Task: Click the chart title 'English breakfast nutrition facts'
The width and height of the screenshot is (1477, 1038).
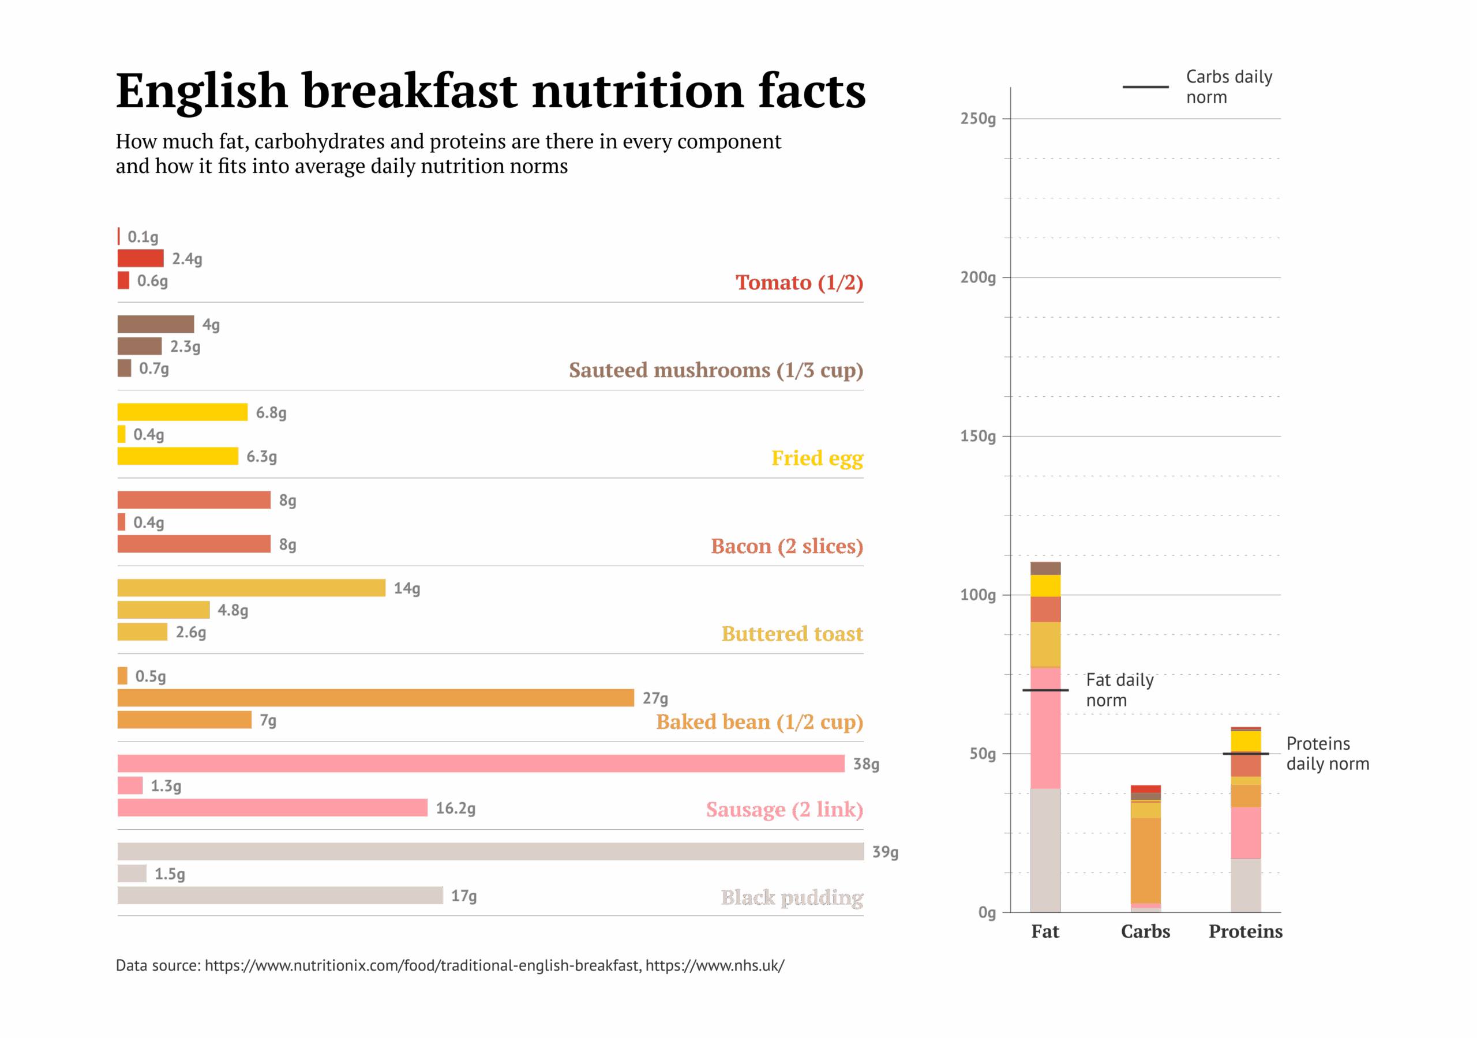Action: click(490, 91)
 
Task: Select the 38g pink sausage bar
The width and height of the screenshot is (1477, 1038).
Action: click(480, 764)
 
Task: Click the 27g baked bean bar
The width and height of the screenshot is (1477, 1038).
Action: click(376, 698)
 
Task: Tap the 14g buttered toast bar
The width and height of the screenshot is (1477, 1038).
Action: click(252, 588)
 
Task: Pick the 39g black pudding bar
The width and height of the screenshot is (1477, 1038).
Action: click(490, 852)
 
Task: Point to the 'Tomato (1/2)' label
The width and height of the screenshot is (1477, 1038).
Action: click(799, 283)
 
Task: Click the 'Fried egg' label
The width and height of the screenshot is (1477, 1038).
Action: click(817, 458)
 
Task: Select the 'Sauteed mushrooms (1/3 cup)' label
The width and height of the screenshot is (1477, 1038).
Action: click(715, 370)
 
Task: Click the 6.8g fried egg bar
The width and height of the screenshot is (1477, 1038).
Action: click(183, 412)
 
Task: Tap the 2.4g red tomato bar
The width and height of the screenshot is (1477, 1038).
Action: click(140, 258)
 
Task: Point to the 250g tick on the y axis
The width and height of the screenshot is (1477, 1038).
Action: click(978, 119)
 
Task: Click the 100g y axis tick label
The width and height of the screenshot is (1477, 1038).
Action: click(978, 595)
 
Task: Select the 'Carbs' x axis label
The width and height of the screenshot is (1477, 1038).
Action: click(1145, 931)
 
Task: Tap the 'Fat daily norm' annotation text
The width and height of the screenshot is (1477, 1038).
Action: click(1119, 690)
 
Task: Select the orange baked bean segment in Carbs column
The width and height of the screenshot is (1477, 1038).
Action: click(1146, 860)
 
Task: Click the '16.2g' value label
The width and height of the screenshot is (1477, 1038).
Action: click(455, 808)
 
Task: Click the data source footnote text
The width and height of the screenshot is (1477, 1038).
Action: click(449, 965)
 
